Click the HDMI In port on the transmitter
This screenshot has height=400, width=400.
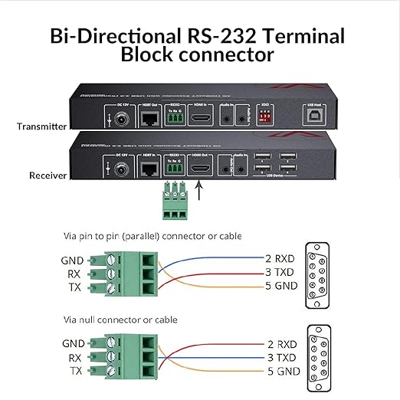coord(201,118)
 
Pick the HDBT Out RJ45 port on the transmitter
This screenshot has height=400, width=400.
coord(147,118)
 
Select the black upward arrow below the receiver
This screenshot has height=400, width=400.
coord(201,190)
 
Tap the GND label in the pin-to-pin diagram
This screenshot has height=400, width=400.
coord(72,261)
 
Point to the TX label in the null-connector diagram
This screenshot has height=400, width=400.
coord(76,369)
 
